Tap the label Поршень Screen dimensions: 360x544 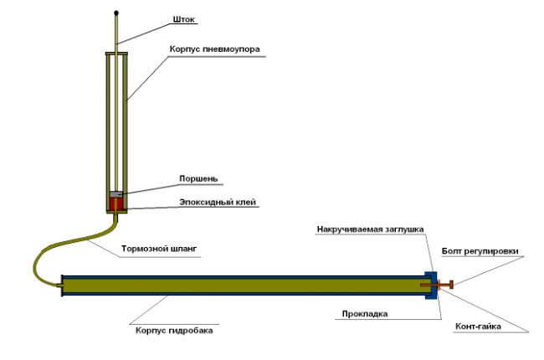pos(198,178)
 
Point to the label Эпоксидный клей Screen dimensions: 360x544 pos(218,202)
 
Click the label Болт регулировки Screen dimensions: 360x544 pos(485,250)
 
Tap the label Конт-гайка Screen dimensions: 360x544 pos(478,327)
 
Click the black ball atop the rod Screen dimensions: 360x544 pos(117,13)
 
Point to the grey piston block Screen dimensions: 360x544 pos(117,194)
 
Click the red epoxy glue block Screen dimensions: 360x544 pos(117,204)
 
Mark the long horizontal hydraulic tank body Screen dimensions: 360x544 pos(243,285)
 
